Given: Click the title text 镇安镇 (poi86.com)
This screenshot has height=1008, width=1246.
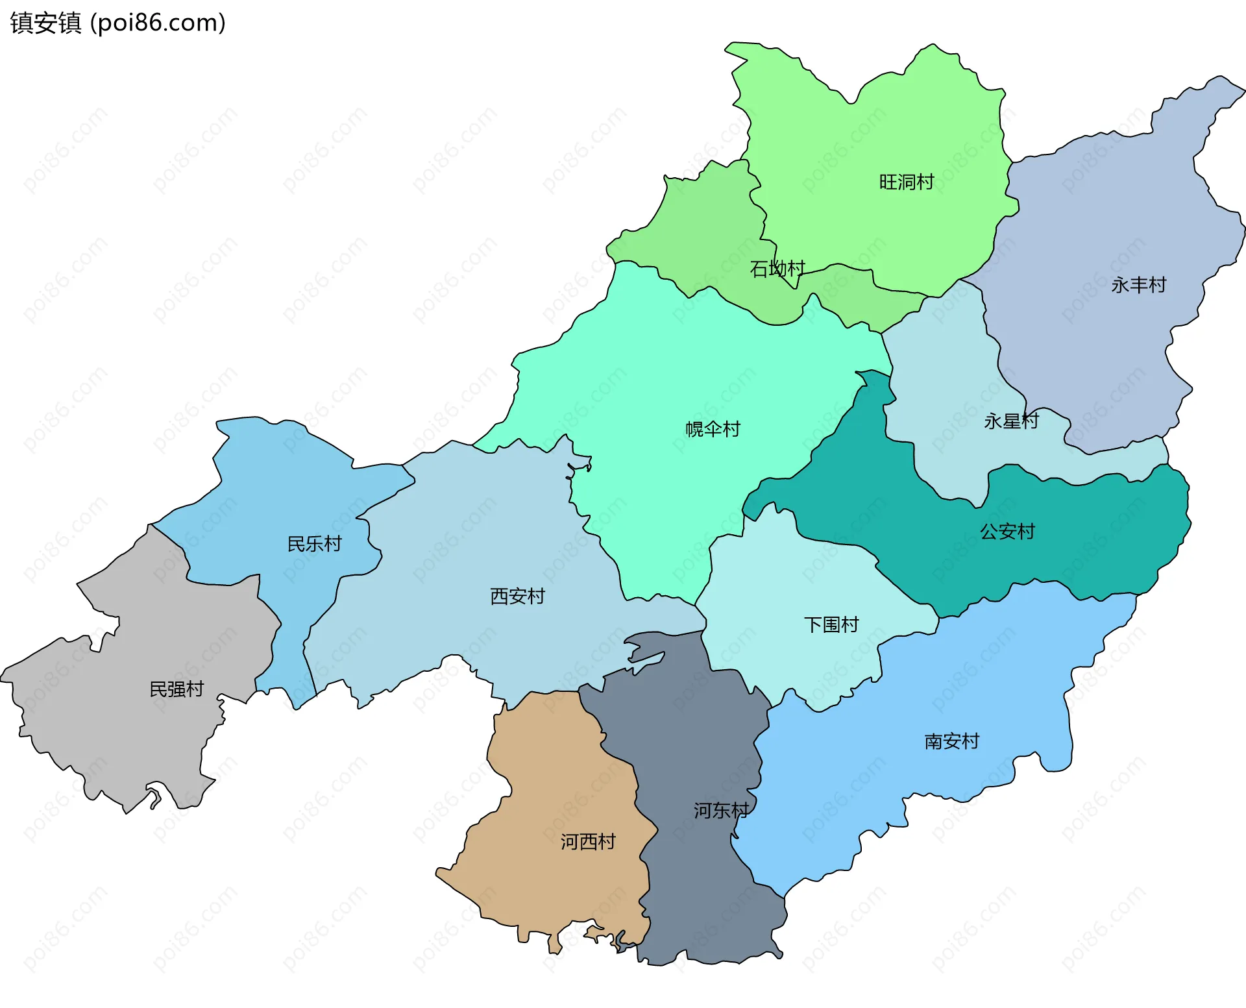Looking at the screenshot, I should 117,23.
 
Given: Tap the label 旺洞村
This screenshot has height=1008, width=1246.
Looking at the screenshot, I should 906,182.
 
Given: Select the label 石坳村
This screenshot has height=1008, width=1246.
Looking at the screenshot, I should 777,268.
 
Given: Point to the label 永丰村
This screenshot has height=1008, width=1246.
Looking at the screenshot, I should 1138,284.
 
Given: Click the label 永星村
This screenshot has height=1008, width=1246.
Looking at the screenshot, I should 1010,421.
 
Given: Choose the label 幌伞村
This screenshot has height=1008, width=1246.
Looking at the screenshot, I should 713,429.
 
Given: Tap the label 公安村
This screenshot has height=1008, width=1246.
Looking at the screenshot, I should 1007,532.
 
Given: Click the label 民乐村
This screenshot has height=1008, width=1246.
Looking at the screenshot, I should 314,544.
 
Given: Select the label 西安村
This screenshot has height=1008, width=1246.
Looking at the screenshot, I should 517,596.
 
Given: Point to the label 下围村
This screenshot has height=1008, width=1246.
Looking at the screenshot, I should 831,624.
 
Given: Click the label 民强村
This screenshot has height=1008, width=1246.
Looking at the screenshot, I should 177,689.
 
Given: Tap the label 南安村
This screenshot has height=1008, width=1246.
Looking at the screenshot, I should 951,741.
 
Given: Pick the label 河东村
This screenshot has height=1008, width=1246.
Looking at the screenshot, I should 721,810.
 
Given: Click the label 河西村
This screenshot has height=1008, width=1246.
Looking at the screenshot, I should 588,842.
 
